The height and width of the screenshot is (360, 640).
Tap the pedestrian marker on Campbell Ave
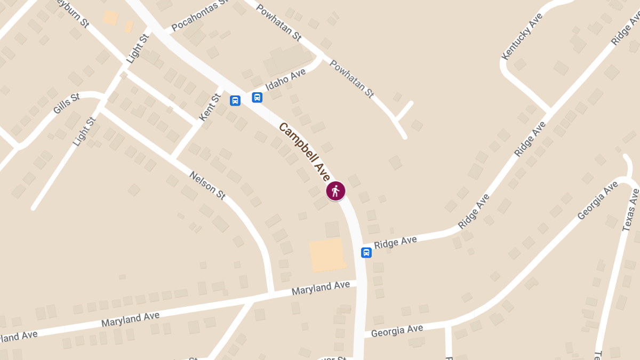pos(335,191)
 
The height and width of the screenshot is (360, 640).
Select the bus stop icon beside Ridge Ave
pos(366,252)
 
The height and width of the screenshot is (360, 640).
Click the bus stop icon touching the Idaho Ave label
pos(257,97)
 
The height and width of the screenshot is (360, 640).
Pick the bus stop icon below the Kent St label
pos(235,100)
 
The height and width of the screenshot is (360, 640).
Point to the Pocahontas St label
pos(200,17)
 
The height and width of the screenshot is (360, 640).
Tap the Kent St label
pos(209,107)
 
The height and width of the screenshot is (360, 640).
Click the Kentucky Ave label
pos(522,36)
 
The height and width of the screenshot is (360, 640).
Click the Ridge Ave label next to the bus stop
pos(395,243)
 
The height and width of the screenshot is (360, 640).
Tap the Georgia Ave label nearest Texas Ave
pos(598,201)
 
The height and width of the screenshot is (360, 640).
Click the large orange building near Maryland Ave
pos(326,255)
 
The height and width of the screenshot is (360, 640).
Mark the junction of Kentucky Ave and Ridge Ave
pos(550,111)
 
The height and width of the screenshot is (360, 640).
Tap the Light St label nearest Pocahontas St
pos(137,49)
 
